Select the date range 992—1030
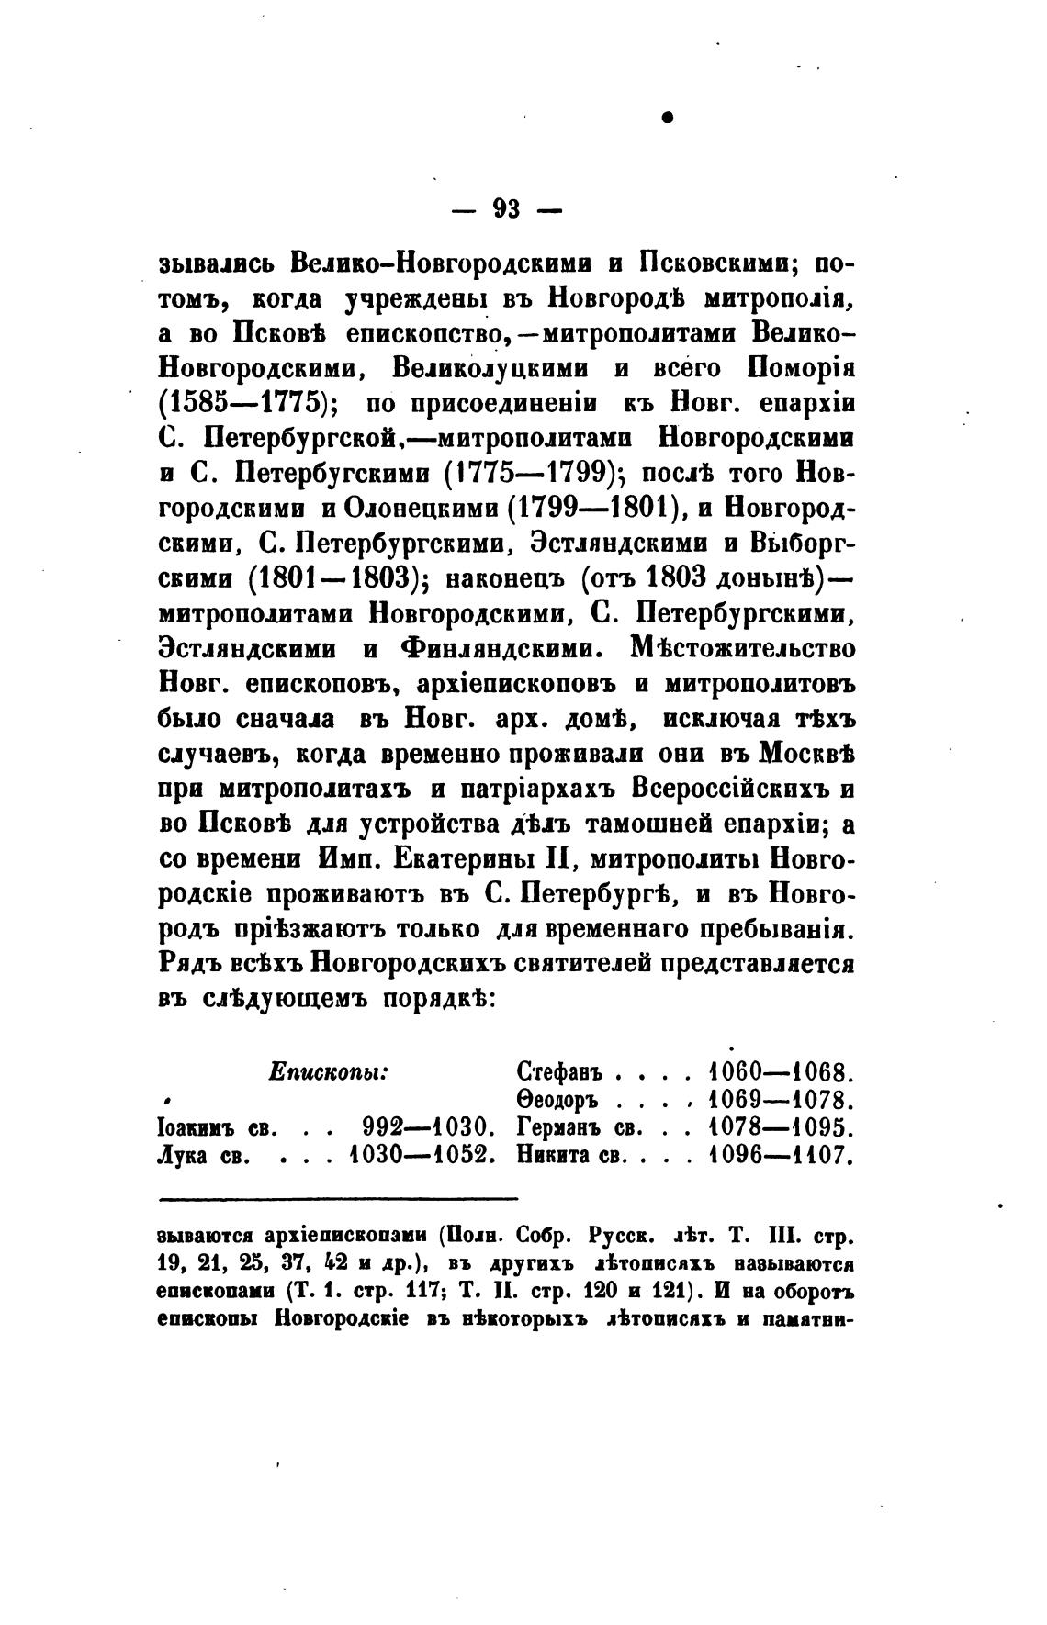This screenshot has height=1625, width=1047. click(x=429, y=1127)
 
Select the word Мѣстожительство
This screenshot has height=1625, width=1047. click(x=743, y=648)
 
